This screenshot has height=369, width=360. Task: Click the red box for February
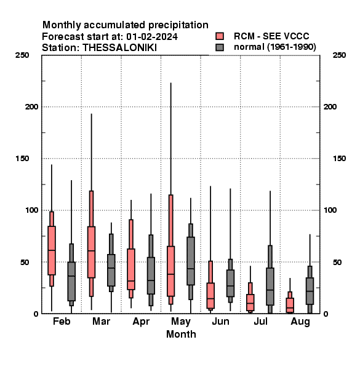click(x=52, y=250)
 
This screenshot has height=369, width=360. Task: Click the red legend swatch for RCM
click(x=220, y=36)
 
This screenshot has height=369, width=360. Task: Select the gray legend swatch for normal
click(x=220, y=47)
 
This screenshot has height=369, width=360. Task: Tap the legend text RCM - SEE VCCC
click(x=271, y=36)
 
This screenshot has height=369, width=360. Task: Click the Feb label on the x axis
click(x=62, y=321)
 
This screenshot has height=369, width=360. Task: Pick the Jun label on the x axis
click(x=220, y=321)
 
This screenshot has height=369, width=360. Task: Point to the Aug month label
click(x=300, y=322)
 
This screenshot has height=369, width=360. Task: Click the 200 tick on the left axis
click(x=31, y=106)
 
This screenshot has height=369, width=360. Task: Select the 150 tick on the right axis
click(x=339, y=159)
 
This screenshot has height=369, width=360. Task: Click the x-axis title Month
click(x=181, y=334)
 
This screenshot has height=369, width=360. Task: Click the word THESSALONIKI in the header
click(x=119, y=48)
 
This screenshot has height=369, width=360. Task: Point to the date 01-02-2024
click(x=152, y=37)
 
